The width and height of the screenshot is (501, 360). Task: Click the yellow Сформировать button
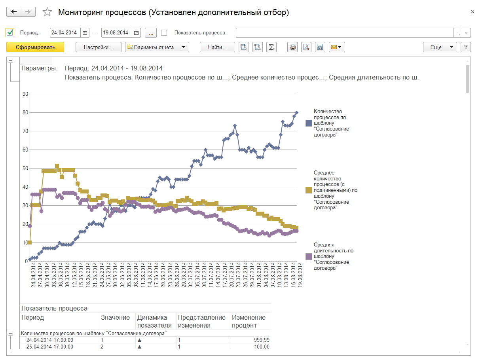coord(35,47)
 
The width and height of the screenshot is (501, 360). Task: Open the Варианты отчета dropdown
coord(157,47)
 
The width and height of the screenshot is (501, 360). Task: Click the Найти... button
coord(217,47)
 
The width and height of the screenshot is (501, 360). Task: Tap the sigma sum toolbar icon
coord(271,47)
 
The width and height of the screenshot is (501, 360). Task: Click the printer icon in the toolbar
coord(292,47)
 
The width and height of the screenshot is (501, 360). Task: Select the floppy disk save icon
coord(320,47)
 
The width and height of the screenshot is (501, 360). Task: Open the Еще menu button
coord(440,47)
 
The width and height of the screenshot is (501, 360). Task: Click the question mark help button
coord(466,47)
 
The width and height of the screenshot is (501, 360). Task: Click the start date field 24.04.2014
coord(65,33)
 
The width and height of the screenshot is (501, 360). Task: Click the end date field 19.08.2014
coord(115,33)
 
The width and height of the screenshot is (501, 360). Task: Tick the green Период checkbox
coord(10,32)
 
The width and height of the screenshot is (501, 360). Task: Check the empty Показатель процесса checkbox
coord(164,33)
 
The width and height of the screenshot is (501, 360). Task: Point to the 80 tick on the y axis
coord(25,112)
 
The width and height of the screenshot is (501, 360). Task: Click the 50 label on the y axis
coord(25,168)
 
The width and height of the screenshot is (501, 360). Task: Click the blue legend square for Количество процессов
coord(309,123)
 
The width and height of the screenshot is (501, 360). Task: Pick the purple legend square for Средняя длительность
coord(309,256)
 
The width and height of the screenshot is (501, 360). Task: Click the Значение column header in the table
coord(115,317)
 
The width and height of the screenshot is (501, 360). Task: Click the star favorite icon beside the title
coord(47,12)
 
